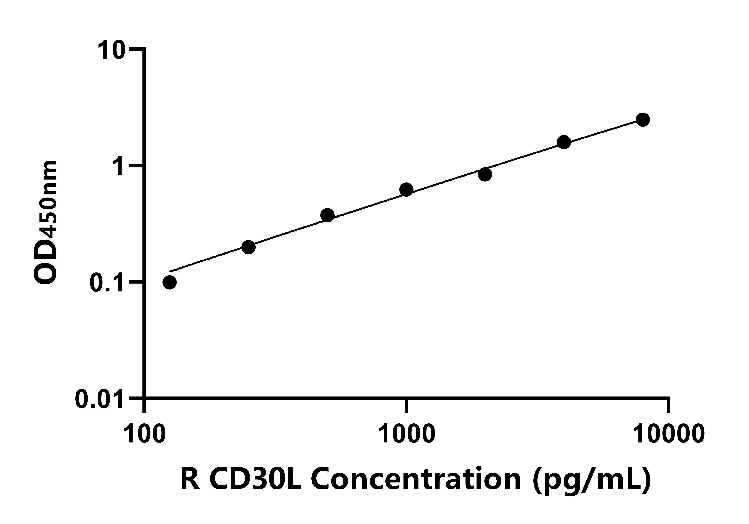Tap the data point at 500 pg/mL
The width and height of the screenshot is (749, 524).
(x=328, y=215)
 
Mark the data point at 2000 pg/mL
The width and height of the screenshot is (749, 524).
(x=485, y=175)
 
